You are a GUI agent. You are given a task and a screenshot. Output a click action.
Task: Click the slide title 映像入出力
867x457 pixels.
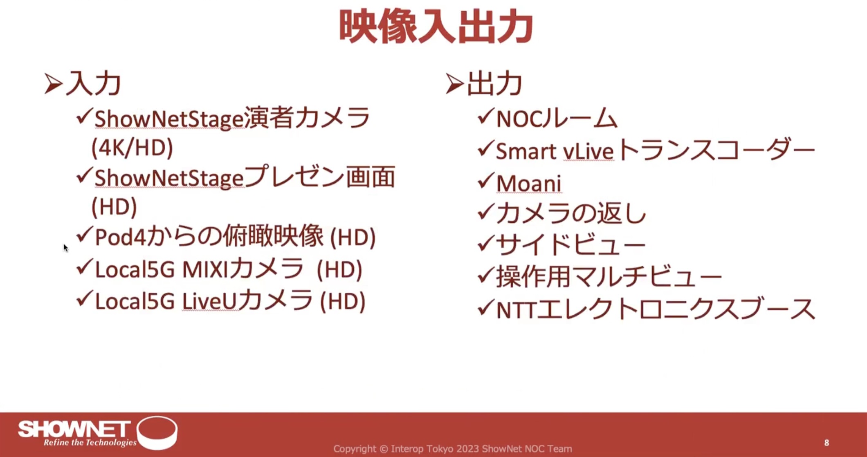coord(436,27)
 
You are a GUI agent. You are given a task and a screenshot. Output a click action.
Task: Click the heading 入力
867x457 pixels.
coord(94,84)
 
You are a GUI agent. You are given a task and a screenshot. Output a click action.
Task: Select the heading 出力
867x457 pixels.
coord(494,84)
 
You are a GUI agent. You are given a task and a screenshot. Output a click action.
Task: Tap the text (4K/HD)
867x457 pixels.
coord(132,148)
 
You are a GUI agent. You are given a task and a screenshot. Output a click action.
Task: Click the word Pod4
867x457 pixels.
coord(120,237)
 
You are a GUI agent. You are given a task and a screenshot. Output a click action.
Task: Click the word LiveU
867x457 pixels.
coord(209,302)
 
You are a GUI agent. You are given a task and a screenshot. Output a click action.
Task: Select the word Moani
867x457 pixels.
coord(529,184)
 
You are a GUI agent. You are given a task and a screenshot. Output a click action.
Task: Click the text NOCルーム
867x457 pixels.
coord(557,119)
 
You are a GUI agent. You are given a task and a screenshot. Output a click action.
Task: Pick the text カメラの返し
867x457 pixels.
coord(571,213)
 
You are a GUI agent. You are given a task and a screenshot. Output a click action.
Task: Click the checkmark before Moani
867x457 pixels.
coord(486,181)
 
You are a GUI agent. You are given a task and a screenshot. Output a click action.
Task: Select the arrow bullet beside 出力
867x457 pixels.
coord(454,84)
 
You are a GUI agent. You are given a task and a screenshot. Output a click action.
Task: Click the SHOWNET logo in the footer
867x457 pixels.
coord(97,433)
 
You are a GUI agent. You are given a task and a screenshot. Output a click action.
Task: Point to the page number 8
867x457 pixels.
coord(827,443)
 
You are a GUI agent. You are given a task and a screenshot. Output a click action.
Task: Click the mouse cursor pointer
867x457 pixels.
coord(65,248)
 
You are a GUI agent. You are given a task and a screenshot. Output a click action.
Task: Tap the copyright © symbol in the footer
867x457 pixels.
coord(384,449)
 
